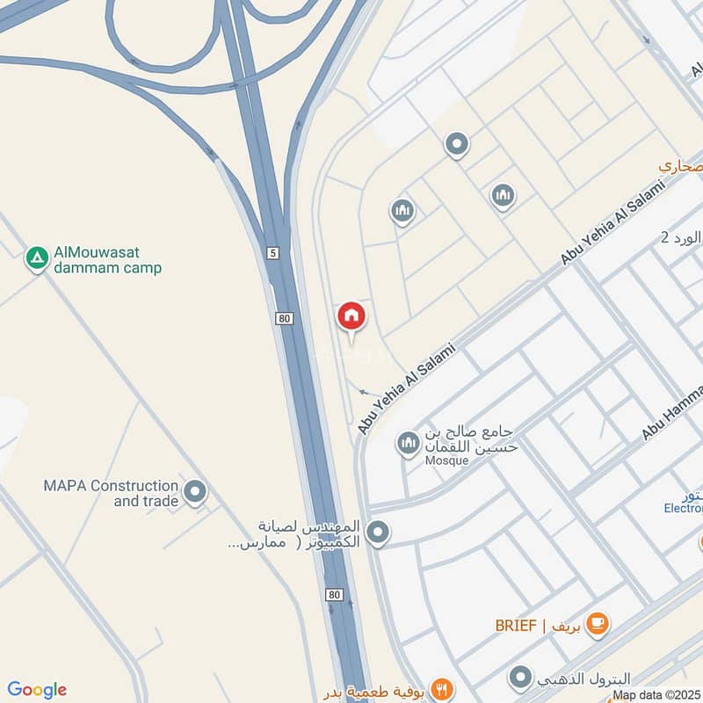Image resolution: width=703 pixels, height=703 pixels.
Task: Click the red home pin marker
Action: point(351,315)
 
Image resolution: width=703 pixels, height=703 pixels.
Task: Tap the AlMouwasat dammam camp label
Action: point(108,260)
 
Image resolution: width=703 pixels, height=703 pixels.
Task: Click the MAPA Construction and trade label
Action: point(111,493)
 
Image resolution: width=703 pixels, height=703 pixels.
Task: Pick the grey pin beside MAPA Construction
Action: point(195,491)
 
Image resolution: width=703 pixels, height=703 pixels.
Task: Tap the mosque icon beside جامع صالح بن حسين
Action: point(408,443)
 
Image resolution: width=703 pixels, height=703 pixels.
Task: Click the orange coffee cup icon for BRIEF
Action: point(598,624)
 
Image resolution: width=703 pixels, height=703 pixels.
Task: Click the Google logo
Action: point(37,690)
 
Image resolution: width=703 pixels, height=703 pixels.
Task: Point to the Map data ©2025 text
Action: point(656,695)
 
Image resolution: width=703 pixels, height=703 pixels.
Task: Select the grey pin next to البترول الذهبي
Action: point(521,678)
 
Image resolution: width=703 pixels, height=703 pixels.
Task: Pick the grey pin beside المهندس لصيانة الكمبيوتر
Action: point(378,532)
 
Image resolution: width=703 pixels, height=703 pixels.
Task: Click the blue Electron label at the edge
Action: point(683,508)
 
